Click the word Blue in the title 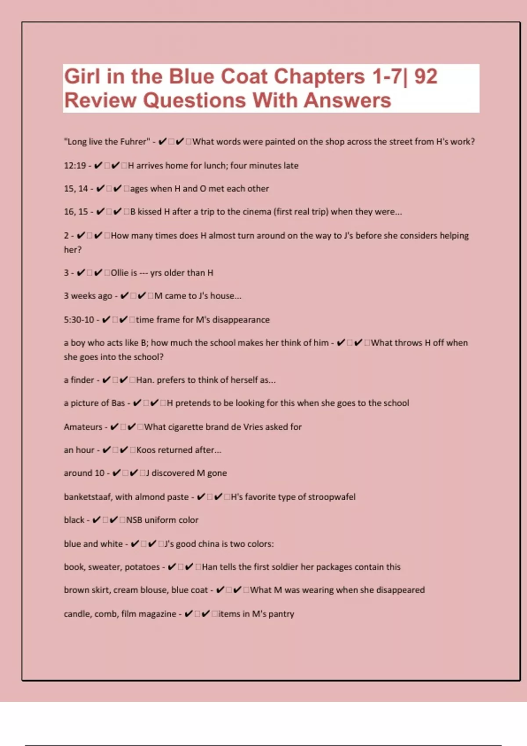tap(192, 77)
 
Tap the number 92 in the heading tap(426, 77)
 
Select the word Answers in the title tap(347, 100)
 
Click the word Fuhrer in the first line tap(134, 142)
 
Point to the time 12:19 tap(75, 166)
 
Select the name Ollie tap(119, 273)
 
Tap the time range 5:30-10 tap(79, 320)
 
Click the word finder tap(82, 380)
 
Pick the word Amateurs tap(83, 427)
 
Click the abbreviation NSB tap(134, 520)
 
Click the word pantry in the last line tap(281, 614)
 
